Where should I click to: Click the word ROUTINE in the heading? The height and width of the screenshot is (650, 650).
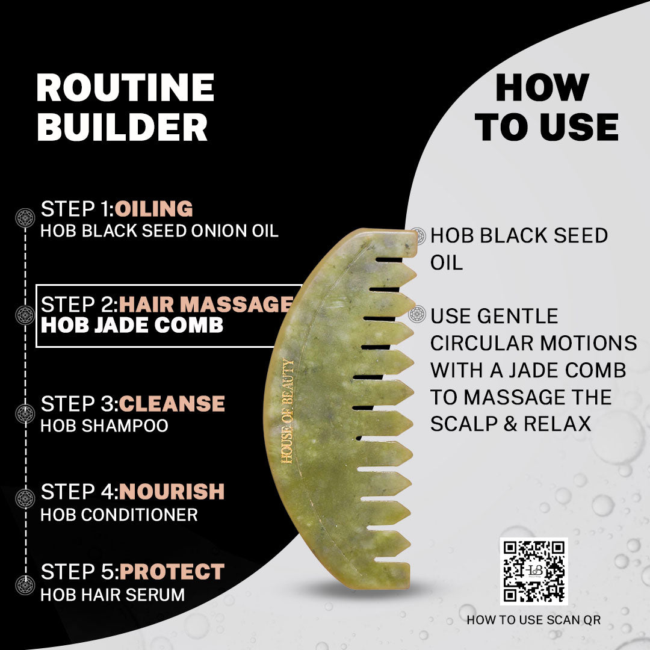125,87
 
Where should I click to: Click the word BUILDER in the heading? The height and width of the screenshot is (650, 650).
122,127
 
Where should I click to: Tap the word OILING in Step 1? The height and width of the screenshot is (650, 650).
154,208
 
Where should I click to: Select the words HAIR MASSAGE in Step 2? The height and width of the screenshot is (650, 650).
206,305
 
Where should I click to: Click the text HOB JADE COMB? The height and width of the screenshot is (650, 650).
132,325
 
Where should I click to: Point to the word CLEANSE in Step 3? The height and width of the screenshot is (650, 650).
172,404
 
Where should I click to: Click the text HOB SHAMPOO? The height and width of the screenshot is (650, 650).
105,426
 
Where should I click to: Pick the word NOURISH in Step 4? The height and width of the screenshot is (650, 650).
172,492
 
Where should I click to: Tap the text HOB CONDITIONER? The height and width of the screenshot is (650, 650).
119,515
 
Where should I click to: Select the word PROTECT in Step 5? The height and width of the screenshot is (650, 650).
172,572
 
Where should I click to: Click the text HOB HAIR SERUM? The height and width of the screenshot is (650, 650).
113,595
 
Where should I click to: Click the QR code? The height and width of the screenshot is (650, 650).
534,571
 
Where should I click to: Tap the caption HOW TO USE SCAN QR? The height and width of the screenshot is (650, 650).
534,620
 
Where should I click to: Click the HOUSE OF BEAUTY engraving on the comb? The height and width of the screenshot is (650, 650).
288,411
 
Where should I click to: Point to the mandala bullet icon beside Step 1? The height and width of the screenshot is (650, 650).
25,218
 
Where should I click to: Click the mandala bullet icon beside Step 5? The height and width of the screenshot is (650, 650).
25,585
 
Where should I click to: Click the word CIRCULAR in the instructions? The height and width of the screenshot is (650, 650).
483,343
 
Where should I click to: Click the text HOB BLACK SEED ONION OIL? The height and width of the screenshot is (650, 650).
159,231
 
